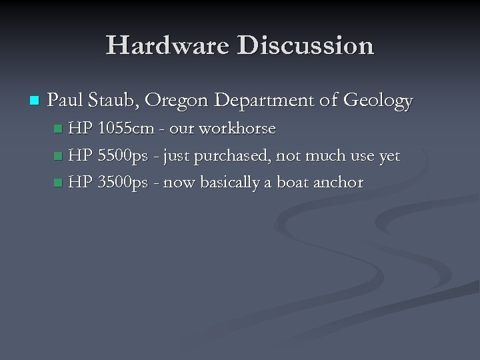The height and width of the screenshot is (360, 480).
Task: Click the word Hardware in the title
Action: (x=165, y=45)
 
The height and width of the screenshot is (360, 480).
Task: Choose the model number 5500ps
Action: (x=122, y=156)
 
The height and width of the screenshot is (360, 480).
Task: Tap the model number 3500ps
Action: (x=122, y=183)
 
